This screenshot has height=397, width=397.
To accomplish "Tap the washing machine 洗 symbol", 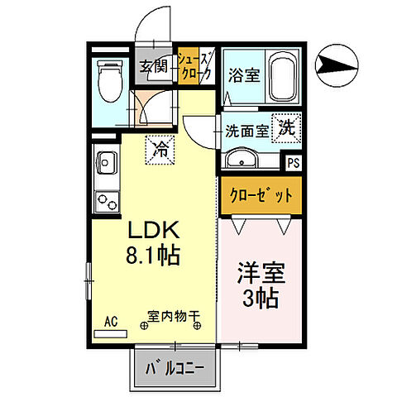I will pos(286,129).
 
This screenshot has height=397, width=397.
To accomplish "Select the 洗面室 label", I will pos(246,131).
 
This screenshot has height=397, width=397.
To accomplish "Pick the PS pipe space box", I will pos(293,164).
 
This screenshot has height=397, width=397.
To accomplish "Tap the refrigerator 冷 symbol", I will pos(160,150).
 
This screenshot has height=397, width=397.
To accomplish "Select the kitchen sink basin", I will pos(107,161).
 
